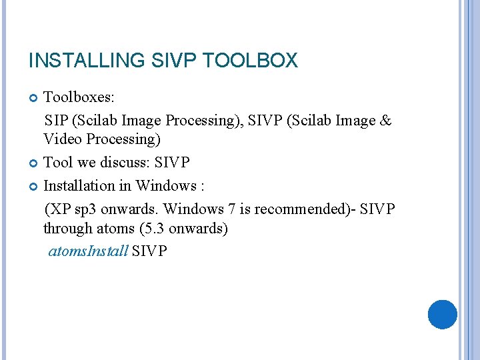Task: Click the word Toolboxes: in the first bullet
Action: (79, 98)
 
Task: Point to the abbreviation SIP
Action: (56, 121)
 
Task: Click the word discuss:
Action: (130, 163)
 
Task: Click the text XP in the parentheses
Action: (60, 209)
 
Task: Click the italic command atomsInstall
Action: (88, 251)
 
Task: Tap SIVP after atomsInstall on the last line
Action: (150, 251)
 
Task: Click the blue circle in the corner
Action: (442, 314)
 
